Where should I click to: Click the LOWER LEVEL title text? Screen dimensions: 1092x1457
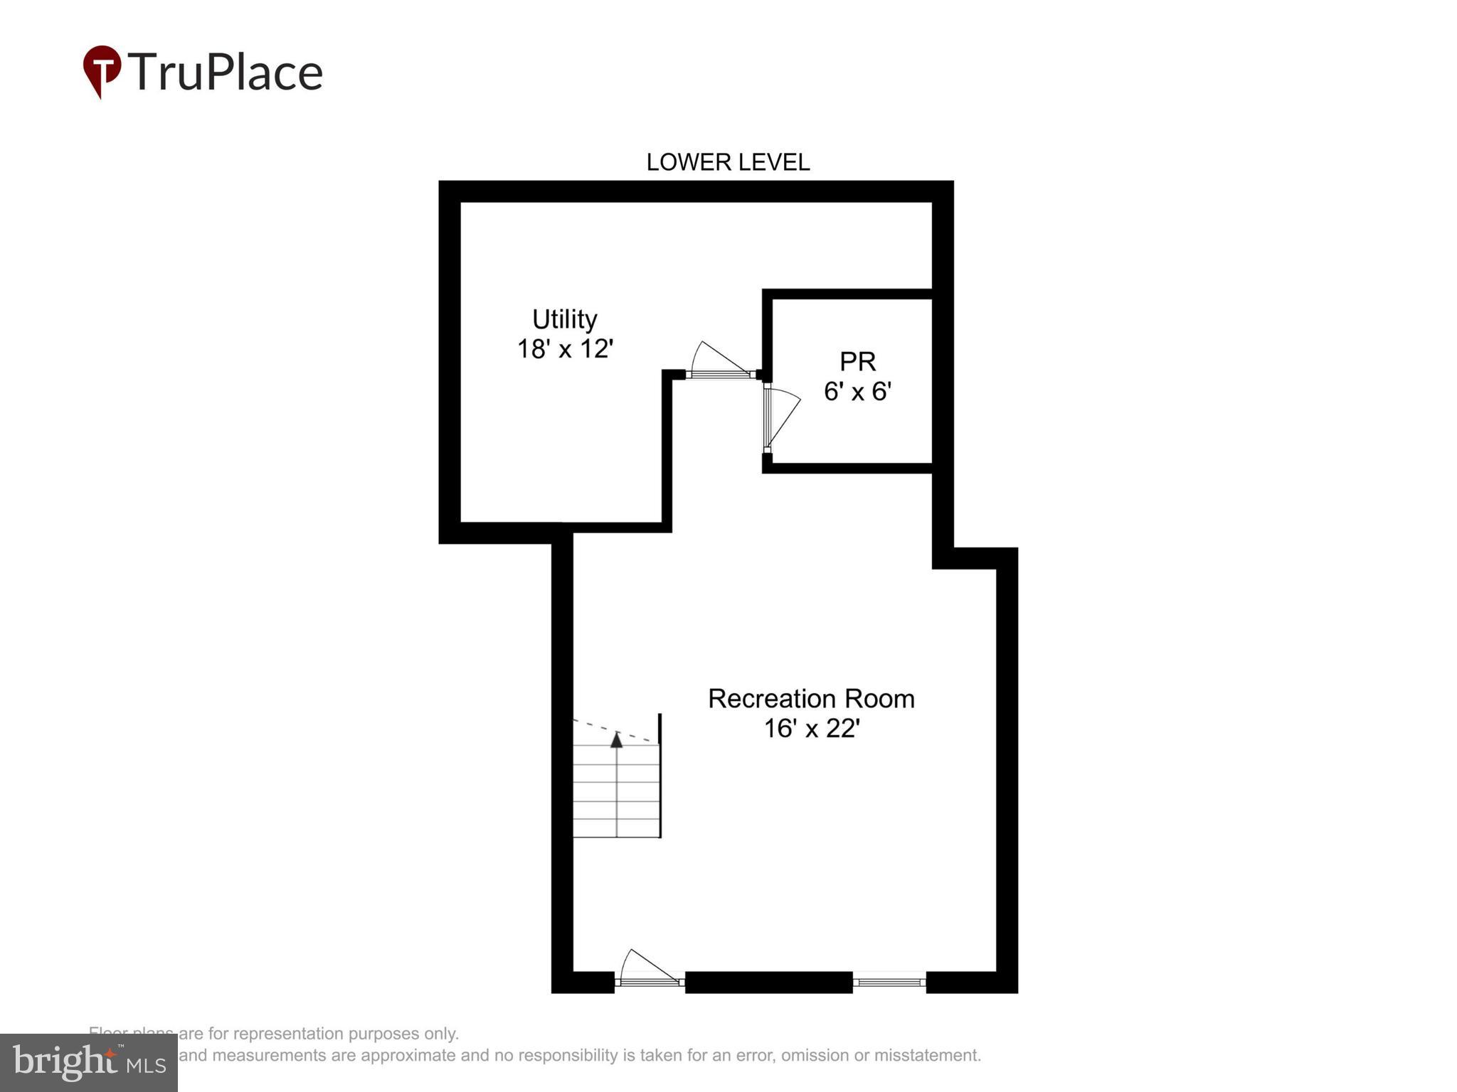coord(728,162)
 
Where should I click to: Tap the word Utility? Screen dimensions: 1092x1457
coord(564,319)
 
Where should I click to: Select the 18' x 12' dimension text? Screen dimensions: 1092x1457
coord(564,349)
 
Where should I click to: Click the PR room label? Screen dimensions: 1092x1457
coord(857,361)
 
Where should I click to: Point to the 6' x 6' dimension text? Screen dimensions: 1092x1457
coord(857,392)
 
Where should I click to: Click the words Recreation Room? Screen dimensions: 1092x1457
coord(811,699)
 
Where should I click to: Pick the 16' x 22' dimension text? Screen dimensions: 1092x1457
coord(811,729)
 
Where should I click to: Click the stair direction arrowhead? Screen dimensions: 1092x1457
coord(617,740)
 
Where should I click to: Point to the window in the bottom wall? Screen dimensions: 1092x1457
coord(889,983)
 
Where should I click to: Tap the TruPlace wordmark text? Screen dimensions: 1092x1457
coord(225,73)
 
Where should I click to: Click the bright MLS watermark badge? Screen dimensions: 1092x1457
coord(88,1062)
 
